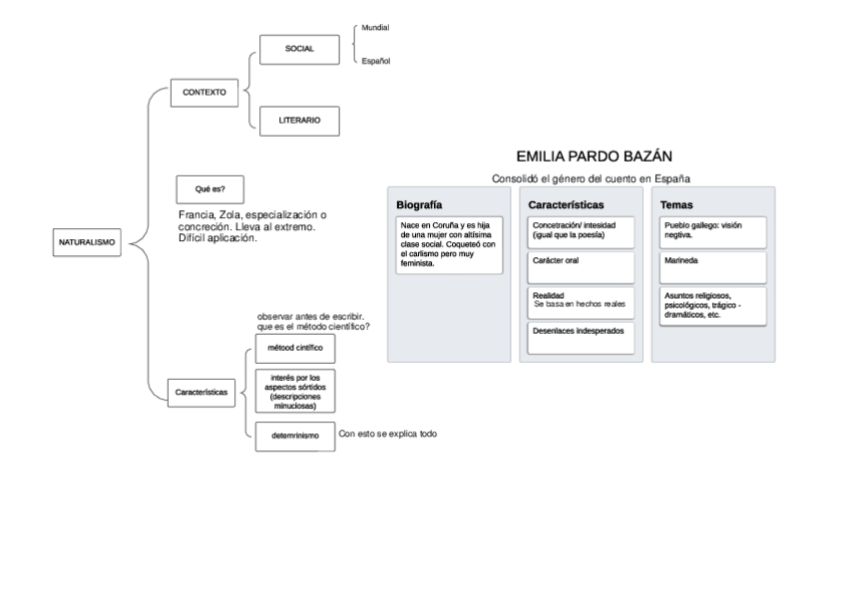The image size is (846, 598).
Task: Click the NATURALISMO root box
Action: [87, 242]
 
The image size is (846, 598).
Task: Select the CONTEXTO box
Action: [204, 92]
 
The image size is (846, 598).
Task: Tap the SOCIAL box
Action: [299, 49]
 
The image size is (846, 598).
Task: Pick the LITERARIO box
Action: [299, 120]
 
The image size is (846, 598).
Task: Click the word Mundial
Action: [375, 27]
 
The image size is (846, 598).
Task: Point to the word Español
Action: [375, 62]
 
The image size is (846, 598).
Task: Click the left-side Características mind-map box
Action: [202, 393]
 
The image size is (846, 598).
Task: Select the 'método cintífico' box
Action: [295, 349]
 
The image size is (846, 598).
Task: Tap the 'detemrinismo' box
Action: [295, 436]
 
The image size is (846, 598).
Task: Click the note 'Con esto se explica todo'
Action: [388, 435]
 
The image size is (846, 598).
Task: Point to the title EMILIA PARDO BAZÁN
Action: [595, 156]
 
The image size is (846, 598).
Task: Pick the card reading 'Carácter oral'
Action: [582, 267]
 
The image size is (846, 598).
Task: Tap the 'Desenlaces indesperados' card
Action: [582, 337]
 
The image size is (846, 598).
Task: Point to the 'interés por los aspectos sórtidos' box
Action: [295, 390]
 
